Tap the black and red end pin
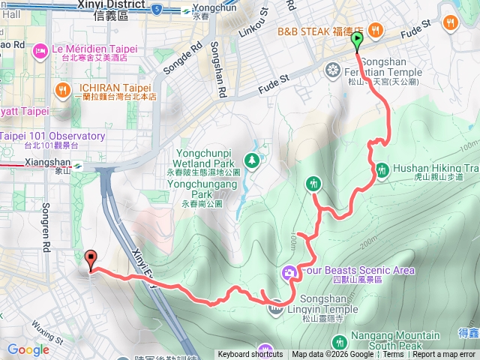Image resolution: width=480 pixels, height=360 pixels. pyautogui.click(x=92, y=259)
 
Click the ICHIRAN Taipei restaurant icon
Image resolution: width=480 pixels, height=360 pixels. pyautogui.click(x=63, y=91)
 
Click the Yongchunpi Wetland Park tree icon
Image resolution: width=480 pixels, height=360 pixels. pyautogui.click(x=252, y=159)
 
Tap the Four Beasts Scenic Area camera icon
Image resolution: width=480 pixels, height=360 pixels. pyautogui.click(x=289, y=271)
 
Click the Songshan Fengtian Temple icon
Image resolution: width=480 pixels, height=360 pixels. pyautogui.click(x=332, y=71)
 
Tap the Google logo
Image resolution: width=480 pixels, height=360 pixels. pyautogui.click(x=28, y=349)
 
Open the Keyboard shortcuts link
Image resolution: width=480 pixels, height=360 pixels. pyautogui.click(x=250, y=355)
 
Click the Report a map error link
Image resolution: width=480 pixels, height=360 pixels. pyautogui.click(x=444, y=355)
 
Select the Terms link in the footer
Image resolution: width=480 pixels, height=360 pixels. pyautogui.click(x=393, y=355)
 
